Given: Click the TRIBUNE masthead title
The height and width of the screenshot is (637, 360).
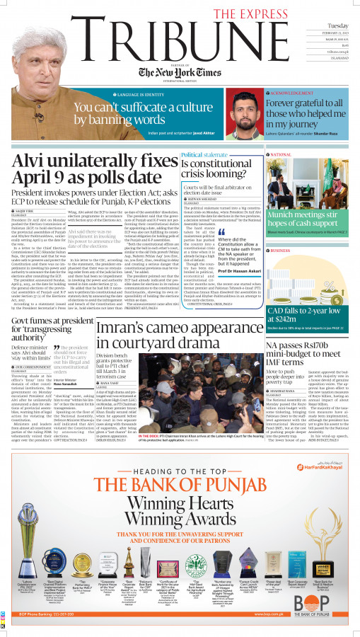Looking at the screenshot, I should pyautogui.click(x=134, y=35).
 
